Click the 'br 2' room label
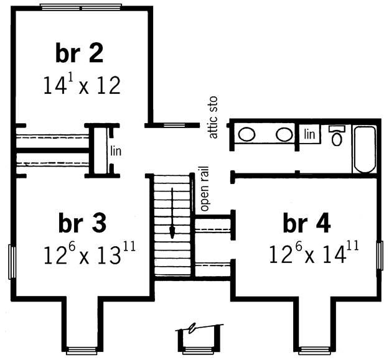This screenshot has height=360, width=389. click(79, 53)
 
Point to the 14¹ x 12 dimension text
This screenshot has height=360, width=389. click(82, 85)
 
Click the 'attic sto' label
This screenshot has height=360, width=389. click(213, 117)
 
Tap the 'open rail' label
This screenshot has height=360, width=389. click(205, 188)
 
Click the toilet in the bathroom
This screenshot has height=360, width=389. click(337, 136)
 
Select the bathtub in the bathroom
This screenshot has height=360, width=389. click(365, 149)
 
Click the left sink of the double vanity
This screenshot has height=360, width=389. click(246, 134)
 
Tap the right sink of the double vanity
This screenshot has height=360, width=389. click(284, 134)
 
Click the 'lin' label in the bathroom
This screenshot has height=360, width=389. click(309, 134)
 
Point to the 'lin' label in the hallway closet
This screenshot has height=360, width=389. click(116, 151)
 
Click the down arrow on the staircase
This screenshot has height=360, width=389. click(172, 213)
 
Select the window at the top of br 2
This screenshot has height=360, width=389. click(82, 7)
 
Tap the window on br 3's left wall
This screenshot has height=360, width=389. click(12, 262)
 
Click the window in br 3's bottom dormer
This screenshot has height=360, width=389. click(82, 351)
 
